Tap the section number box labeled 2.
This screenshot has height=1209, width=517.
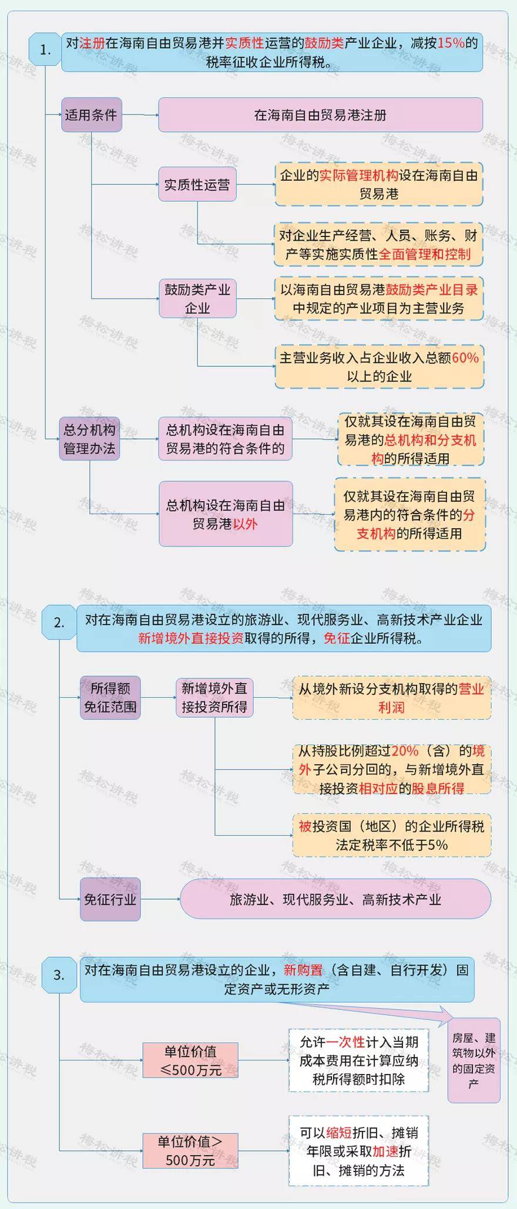pos(59,623)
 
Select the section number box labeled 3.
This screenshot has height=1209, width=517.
pos(59,975)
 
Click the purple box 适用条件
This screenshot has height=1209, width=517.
pos(91,114)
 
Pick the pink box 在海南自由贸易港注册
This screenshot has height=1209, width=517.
pos(320,114)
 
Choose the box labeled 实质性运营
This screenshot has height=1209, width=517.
pos(197,184)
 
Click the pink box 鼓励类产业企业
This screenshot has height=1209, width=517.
pos(197,298)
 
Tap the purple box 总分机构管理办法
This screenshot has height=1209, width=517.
pos(89,438)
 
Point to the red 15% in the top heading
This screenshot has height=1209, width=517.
pos(451,43)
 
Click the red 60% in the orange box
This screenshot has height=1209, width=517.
pos(465,357)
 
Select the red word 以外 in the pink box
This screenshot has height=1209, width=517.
pos(246,524)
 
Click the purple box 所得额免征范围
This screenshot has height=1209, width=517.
pos(110,697)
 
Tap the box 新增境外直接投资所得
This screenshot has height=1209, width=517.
pos(214,697)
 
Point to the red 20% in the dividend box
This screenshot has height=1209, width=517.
pos(405,751)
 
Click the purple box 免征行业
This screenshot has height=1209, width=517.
pos(110,899)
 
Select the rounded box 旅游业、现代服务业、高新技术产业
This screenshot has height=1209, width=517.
pos(335,899)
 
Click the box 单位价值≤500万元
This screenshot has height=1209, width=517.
pos(190,1060)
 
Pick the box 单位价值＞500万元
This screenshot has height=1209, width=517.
pos(190,1150)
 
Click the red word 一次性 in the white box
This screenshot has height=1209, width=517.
pos(345,1042)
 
